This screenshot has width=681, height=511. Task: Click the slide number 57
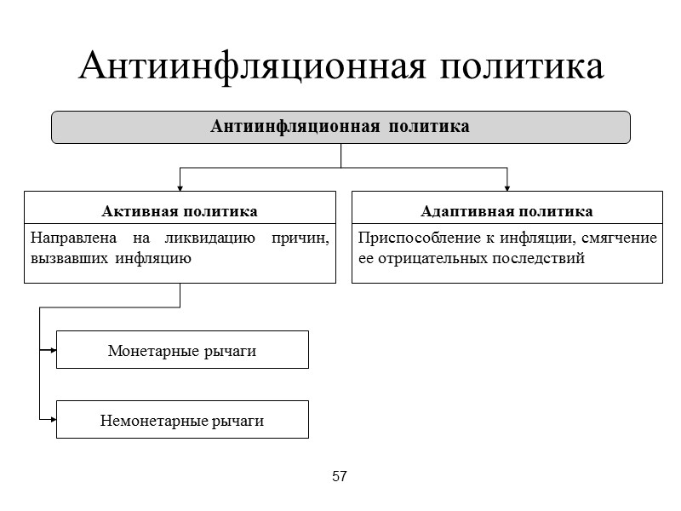coord(340,476)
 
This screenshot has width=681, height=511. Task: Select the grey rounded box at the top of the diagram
coord(340,127)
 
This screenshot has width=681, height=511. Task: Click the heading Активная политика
coord(180,210)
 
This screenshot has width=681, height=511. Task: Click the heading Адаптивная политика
coord(507,210)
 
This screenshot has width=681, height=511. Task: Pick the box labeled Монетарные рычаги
coord(182,350)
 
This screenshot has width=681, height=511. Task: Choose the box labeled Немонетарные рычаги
coord(182,420)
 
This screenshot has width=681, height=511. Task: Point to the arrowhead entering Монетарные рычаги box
coord(52,349)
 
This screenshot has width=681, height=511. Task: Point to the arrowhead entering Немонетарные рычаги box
coord(52,419)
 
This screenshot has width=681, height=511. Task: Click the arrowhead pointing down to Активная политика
coord(180,187)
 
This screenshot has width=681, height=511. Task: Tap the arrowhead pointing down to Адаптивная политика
coord(507,187)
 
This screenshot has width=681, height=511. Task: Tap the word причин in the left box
coord(300,238)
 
